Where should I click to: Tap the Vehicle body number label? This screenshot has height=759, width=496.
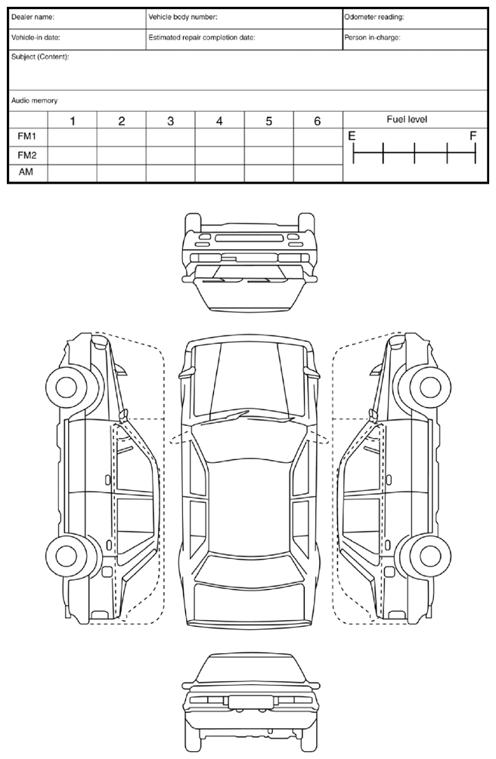point(183,17)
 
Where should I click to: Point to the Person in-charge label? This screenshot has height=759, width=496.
point(372,37)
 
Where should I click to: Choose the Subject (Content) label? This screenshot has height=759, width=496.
point(40,57)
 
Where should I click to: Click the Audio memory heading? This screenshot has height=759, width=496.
point(35,100)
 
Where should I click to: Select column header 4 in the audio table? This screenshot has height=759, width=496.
point(219,121)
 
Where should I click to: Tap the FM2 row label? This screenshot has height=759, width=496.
point(28,155)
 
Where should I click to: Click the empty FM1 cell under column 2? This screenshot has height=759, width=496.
point(121,137)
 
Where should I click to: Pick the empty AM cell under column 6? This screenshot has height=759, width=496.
point(318,173)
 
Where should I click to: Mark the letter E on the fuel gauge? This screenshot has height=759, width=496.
point(351,137)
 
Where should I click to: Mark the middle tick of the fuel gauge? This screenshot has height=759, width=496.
point(414,154)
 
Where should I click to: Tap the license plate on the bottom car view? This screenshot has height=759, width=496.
point(246,702)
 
